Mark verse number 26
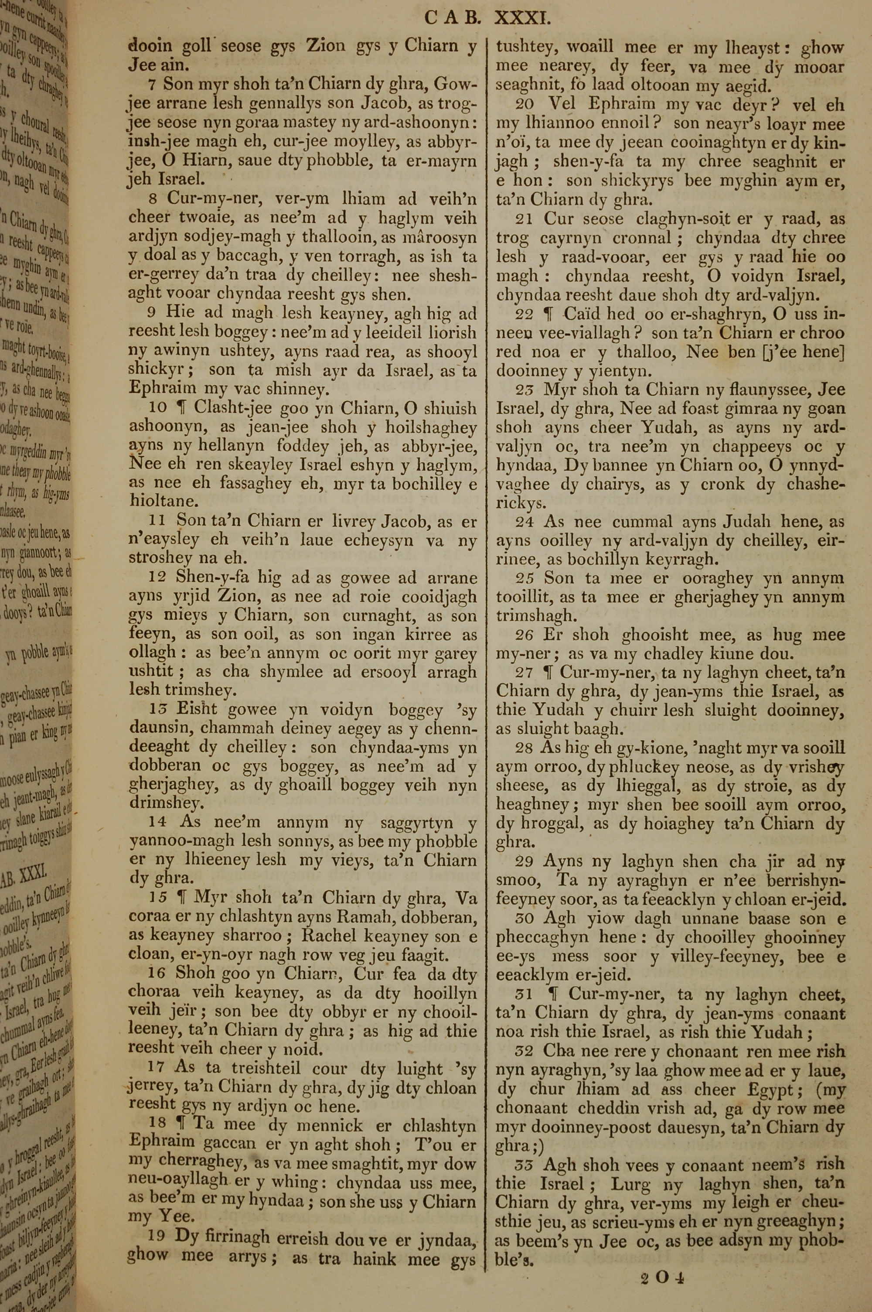coord(525,635)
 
